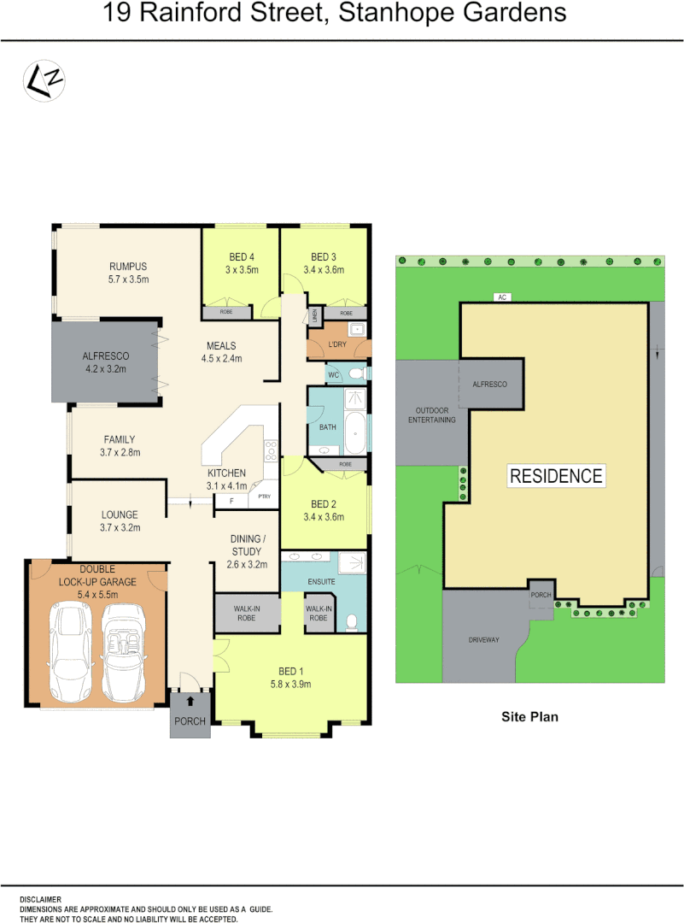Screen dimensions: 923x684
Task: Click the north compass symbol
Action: [x=44, y=80]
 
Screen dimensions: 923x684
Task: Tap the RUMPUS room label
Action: [x=128, y=266]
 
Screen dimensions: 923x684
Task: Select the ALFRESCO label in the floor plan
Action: [x=105, y=356]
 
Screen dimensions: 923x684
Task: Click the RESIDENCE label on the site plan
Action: [x=556, y=476]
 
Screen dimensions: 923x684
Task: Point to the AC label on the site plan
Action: [x=503, y=297]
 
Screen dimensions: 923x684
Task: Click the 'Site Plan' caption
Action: [x=529, y=717]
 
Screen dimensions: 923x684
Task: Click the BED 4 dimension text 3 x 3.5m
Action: [x=242, y=270]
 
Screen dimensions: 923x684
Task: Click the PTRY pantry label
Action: [x=265, y=496]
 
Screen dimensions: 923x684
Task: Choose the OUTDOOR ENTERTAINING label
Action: [x=431, y=414]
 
